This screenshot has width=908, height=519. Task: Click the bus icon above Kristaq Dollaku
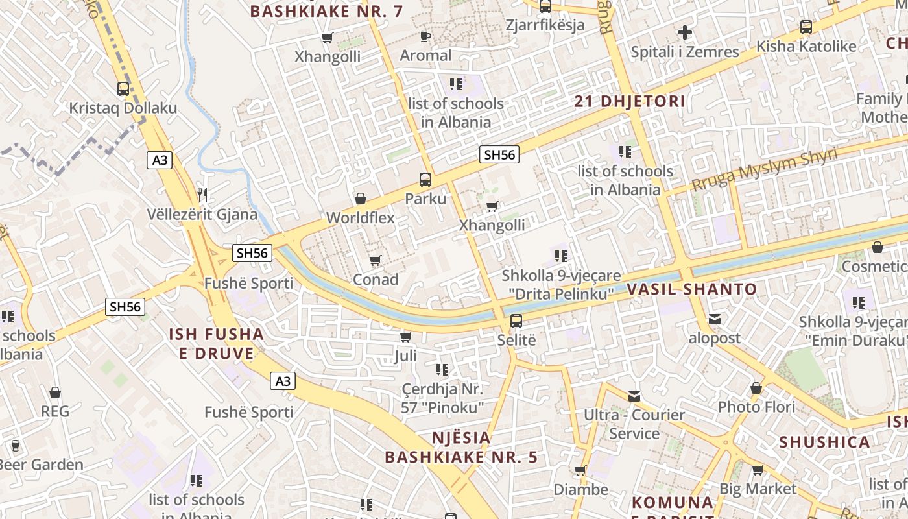123,89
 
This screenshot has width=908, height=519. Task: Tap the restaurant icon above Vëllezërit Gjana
202,195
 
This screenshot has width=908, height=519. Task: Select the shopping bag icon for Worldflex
361,199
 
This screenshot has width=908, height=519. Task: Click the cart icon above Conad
375,260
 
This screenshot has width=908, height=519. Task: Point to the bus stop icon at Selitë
516,320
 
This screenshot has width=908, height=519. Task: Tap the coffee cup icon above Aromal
425,36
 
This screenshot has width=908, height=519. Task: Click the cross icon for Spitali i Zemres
685,32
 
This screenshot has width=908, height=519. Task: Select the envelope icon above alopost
714,319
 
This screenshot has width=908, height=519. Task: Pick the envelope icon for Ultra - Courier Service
634,396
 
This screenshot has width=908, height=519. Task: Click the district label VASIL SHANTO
692,289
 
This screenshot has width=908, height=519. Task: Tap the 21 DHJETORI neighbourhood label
630,101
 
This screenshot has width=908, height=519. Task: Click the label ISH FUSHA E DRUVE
217,344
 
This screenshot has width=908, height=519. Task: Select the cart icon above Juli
406,337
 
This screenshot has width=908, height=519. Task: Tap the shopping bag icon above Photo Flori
756,388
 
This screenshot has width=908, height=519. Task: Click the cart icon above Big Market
758,470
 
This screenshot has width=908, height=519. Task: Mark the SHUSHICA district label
824,442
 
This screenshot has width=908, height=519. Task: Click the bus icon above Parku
425,180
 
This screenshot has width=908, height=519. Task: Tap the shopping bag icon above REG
55,392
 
